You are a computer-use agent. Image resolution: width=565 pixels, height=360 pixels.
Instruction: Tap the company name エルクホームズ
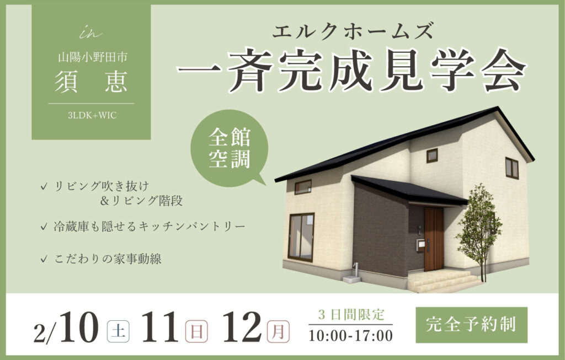click(x=351, y=30)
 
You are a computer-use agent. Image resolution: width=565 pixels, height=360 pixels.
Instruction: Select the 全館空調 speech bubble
click(x=230, y=148)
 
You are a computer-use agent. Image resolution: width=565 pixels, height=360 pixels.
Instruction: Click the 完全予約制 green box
click(x=471, y=325)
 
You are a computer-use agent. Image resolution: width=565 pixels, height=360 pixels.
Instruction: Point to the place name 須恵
click(x=91, y=82)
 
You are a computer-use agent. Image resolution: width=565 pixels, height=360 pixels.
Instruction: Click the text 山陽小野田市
click(x=93, y=57)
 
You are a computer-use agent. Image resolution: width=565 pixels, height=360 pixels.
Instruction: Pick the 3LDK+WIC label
click(x=92, y=116)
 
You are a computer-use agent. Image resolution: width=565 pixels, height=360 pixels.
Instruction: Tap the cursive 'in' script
click(x=90, y=34)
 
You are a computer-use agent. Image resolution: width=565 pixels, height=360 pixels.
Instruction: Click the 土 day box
click(x=118, y=331)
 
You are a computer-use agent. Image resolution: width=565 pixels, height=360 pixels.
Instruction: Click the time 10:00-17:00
click(x=350, y=336)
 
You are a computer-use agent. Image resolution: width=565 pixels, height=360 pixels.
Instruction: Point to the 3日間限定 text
click(x=351, y=315)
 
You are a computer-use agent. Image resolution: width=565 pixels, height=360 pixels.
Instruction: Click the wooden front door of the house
click(x=434, y=239)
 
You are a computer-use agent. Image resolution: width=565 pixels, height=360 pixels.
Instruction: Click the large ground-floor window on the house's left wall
click(x=301, y=238)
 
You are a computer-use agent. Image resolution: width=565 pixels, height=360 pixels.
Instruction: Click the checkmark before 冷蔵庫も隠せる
click(x=44, y=227)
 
